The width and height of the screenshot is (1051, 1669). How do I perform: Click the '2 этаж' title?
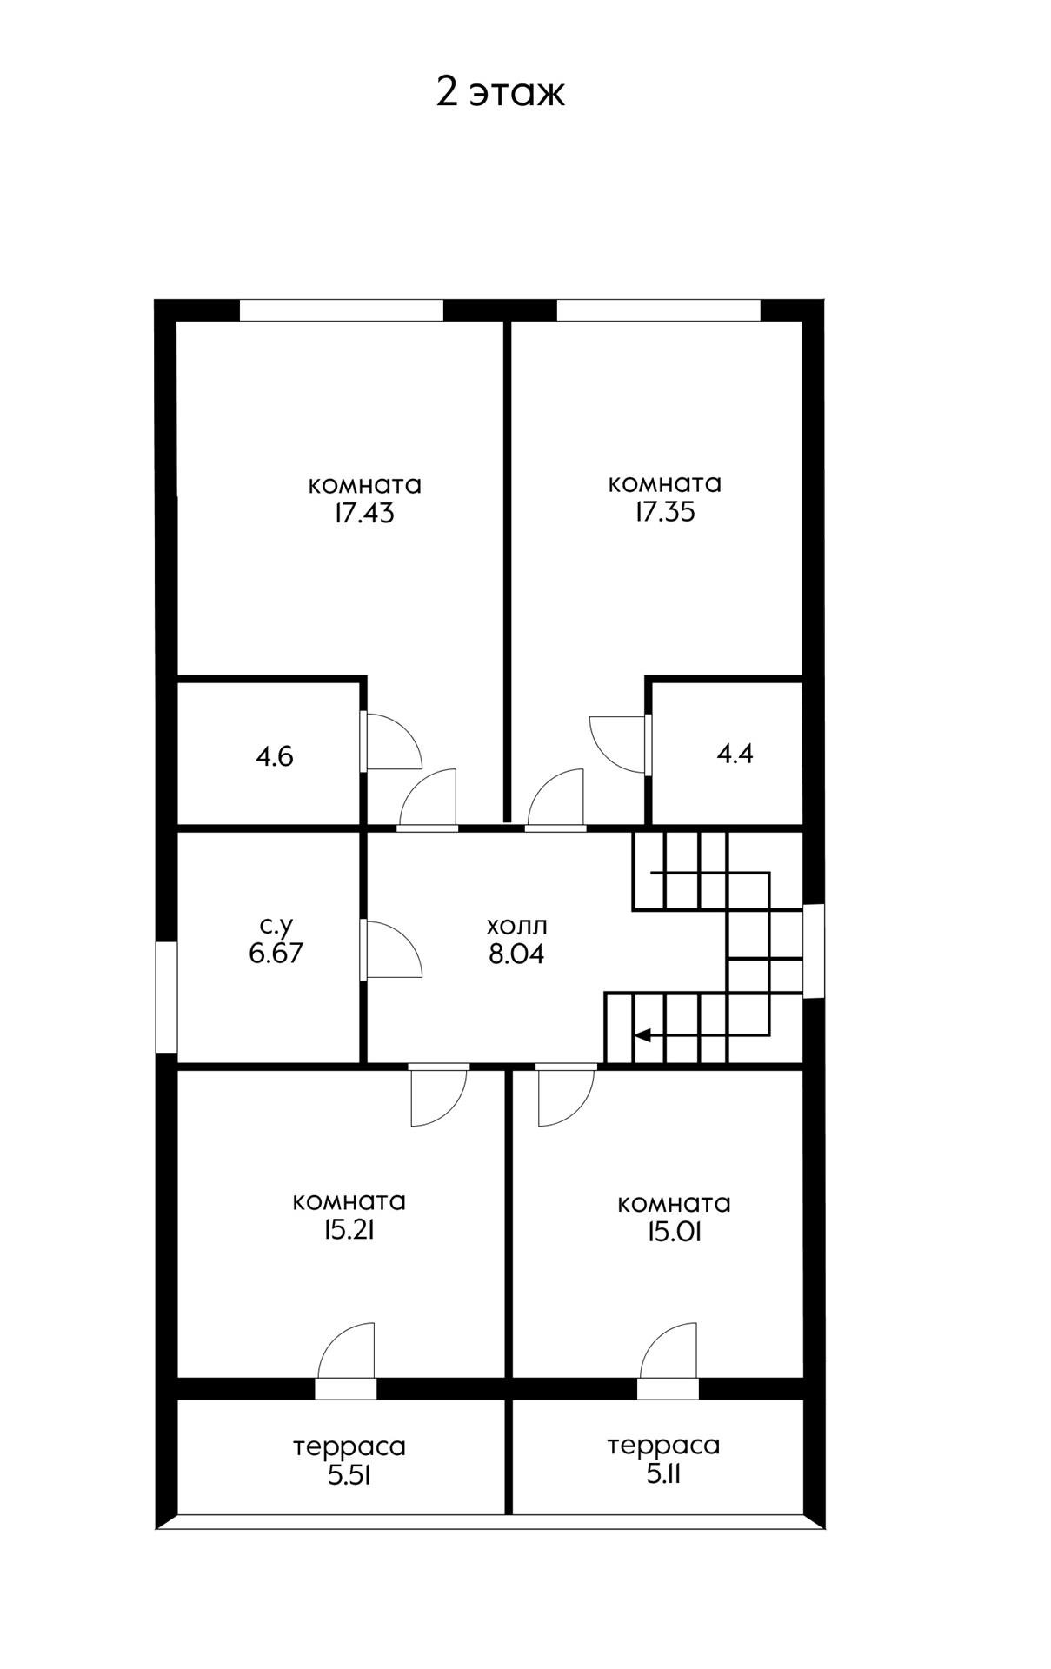click(x=500, y=92)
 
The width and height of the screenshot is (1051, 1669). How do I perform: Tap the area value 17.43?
click(x=363, y=514)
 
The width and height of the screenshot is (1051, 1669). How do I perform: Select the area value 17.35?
click(x=664, y=512)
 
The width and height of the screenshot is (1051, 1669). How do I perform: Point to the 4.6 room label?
click(x=275, y=756)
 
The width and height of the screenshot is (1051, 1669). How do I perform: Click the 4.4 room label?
click(x=735, y=754)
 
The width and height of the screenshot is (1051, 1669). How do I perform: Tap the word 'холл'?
click(x=516, y=925)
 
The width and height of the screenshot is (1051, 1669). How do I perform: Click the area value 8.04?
click(x=516, y=954)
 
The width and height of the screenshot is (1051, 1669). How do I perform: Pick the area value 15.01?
click(x=673, y=1232)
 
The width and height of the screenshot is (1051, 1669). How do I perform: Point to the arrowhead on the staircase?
click(x=643, y=1034)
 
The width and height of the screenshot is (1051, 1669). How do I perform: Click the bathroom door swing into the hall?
click(x=391, y=950)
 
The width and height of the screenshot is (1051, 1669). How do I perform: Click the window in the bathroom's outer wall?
click(x=166, y=997)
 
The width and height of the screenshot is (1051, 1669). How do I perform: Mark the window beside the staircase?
click(x=814, y=951)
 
